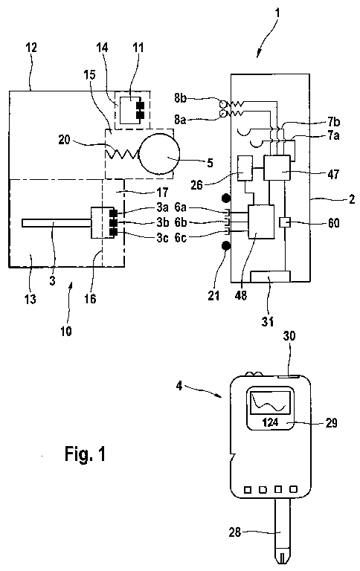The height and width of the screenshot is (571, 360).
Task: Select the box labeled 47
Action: tap(277, 167)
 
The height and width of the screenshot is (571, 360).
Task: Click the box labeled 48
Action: tap(261, 222)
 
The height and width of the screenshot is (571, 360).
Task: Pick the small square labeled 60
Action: tap(285, 222)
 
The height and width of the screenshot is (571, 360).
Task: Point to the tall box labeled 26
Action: tap(245, 168)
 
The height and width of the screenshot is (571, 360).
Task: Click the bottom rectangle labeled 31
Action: tap(270, 277)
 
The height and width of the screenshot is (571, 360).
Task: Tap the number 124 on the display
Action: tap(270, 422)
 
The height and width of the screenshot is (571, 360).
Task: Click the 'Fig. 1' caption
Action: tap(86, 454)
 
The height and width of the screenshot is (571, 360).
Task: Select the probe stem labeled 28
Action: tap(281, 531)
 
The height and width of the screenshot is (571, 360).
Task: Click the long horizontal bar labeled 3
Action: tap(57, 223)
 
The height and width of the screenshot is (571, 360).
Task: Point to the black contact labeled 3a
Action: tap(113, 213)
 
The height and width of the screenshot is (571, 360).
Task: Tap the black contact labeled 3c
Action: tap(113, 232)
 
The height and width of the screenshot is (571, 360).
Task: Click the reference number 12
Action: tap(31, 48)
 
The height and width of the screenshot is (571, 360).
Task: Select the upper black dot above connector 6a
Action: tap(226, 199)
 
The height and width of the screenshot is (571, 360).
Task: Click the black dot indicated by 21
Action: tap(226, 247)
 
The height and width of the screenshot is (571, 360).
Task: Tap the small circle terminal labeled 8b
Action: tap(222, 104)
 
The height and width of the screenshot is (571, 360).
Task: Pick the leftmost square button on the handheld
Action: tap(248, 490)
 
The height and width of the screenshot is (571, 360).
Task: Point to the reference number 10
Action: tap(66, 331)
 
